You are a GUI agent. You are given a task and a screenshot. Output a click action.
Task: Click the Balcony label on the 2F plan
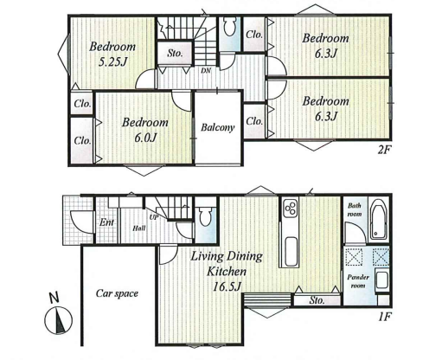tap(217, 127)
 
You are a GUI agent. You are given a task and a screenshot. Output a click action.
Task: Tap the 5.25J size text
tap(112, 61)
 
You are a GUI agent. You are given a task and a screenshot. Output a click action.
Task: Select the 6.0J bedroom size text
tap(145, 138)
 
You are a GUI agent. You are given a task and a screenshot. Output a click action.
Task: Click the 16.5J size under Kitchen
tap(227, 286)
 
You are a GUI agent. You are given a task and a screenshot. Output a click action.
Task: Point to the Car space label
tap(117, 293)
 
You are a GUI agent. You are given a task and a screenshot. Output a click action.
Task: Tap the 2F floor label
tap(384, 150)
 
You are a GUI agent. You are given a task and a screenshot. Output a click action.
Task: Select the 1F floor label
tap(385, 318)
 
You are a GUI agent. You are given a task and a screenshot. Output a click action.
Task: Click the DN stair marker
tap(206, 70)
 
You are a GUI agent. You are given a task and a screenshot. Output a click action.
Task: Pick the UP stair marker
tap(154, 217)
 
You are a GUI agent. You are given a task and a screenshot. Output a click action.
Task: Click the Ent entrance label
tap(106, 222)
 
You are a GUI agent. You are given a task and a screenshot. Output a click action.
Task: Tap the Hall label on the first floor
tap(138, 228)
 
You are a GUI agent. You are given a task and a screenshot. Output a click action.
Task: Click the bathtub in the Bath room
tap(379, 219)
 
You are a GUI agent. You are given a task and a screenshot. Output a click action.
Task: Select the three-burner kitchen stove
tap(290, 208)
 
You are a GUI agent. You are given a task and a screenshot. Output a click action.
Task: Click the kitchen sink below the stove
tap(291, 252)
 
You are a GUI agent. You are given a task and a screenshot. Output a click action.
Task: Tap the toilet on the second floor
tap(230, 27)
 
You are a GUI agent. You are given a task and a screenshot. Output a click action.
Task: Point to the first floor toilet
tap(205, 217)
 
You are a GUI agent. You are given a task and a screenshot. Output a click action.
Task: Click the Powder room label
tap(358, 281)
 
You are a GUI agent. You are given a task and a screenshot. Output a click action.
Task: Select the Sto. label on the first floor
tap(317, 300)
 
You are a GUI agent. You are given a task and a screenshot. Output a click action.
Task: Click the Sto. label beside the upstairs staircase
tap(175, 53)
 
